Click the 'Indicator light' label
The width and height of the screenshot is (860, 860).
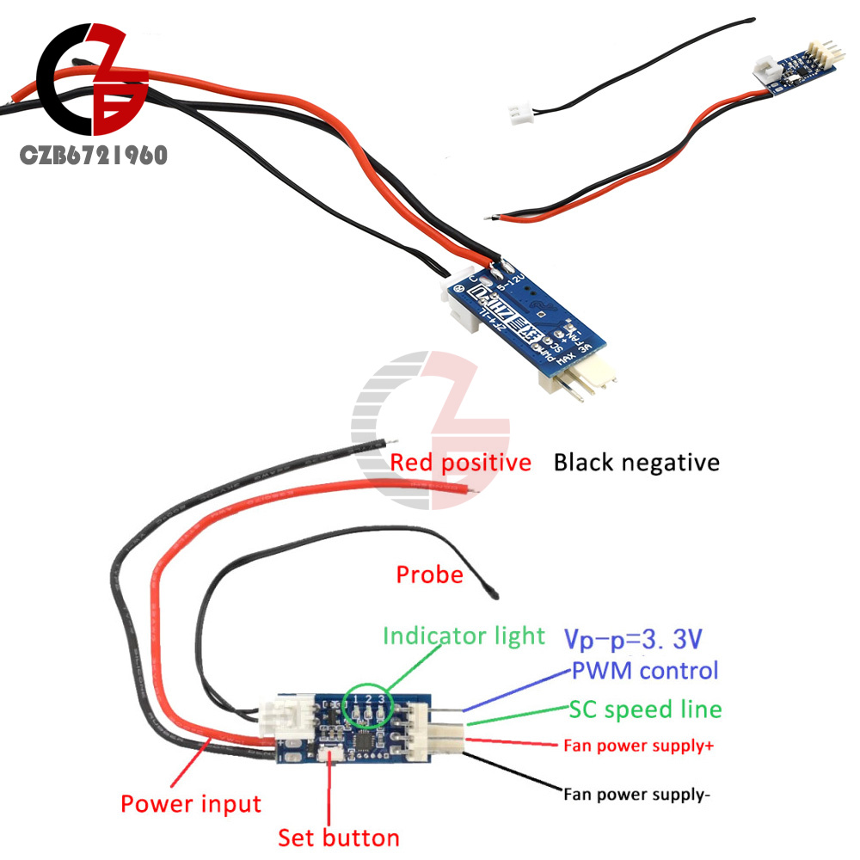(464, 636)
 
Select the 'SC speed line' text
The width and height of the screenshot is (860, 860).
(645, 709)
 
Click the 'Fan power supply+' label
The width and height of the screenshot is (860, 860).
(638, 746)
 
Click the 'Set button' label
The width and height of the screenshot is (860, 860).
(338, 838)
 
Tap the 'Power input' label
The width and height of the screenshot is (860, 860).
(190, 804)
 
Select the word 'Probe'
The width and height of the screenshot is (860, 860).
(429, 574)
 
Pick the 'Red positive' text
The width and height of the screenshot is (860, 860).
(460, 463)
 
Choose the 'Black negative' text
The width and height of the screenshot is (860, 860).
(636, 463)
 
